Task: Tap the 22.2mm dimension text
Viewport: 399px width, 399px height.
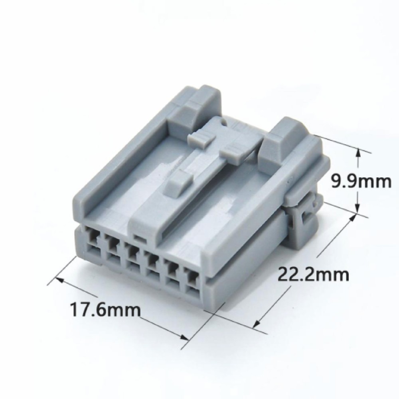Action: pos(313,274)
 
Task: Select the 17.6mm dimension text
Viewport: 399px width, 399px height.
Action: pos(105,309)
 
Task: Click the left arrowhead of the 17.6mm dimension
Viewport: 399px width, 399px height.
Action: pos(59,280)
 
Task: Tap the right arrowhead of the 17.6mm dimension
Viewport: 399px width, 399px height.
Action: pos(184,338)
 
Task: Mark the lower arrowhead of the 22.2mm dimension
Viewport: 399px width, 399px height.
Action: pos(257,323)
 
